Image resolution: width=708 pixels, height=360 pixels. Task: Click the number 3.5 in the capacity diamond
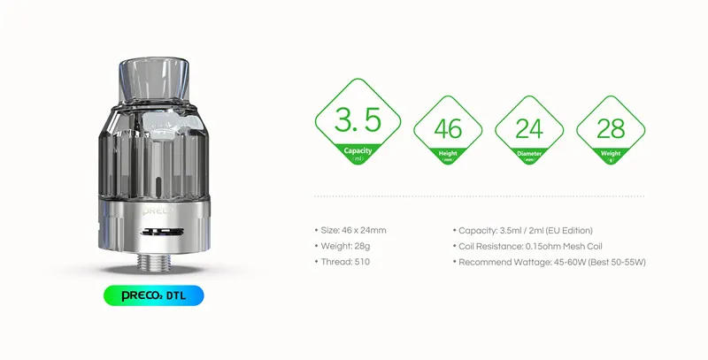358,119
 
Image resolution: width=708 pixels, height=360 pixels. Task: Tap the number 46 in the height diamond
449,129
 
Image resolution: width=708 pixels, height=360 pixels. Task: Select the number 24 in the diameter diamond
528,129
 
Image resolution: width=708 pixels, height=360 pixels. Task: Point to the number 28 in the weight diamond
611,129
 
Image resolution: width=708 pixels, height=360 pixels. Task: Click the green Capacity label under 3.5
358,152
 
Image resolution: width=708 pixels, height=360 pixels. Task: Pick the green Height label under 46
449,152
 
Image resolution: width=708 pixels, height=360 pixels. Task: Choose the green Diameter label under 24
528,152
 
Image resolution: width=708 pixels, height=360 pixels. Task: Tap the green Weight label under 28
611,152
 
